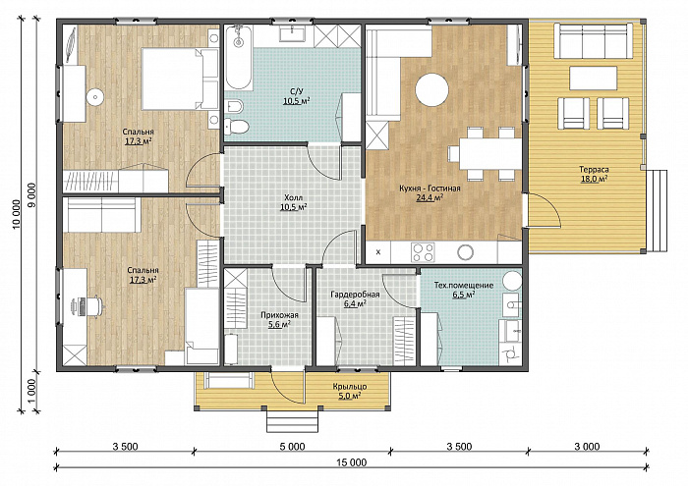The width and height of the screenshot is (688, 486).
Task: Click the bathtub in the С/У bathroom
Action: pos(239,57)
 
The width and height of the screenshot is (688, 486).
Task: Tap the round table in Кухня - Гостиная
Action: pos(432,90)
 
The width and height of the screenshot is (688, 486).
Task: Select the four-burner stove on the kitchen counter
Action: pos(423,252)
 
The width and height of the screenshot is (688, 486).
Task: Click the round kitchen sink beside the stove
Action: pos(465,252)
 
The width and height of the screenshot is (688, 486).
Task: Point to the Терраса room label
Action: pos(594,169)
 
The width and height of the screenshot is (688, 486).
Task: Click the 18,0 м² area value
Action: pos(594,179)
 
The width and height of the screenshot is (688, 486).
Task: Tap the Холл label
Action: pos(294,197)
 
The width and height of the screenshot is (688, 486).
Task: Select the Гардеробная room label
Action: pos(355,295)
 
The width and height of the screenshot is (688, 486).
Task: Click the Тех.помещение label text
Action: pos(463,286)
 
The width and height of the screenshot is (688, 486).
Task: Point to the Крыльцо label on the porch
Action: pos(350,387)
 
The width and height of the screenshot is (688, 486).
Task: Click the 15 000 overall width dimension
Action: pos(352,462)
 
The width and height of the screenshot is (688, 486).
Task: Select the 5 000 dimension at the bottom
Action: pos(292,447)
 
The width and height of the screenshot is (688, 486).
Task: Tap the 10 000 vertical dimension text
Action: pos(17,215)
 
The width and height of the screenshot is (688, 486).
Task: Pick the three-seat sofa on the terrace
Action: pos(594,41)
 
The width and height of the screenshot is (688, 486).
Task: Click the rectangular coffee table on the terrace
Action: pos(594,78)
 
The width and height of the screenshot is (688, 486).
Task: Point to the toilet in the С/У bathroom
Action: pos(237,127)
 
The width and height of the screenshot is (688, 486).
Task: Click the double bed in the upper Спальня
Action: pos(180,79)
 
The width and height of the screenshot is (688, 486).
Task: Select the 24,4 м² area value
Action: pos(430,197)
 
